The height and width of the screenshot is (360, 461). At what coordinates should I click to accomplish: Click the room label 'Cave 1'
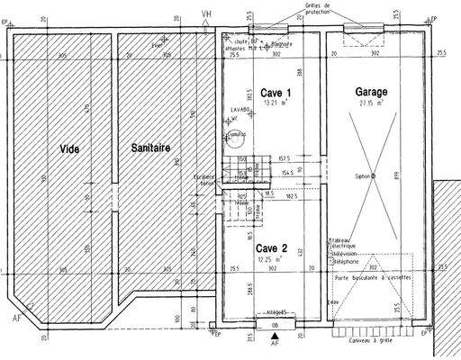pos(276,93)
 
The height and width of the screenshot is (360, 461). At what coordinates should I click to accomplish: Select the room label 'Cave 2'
pos(271,248)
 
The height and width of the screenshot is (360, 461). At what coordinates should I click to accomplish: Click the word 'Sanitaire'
pos(150,148)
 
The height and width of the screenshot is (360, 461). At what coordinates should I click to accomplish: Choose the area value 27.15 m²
pos(369,103)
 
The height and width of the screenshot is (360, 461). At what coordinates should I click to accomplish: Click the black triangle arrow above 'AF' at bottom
pos(275,335)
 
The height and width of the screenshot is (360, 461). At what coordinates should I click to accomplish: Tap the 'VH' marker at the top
pos(207,13)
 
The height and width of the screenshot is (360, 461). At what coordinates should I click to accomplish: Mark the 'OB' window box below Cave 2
pos(275,324)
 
